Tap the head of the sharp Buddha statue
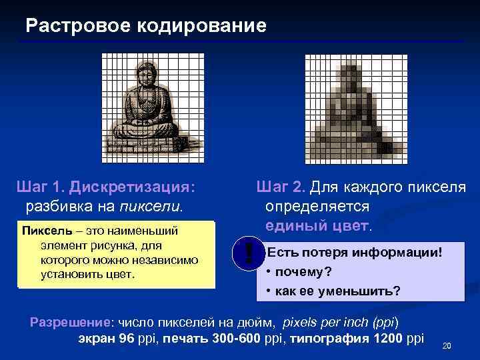(145, 73)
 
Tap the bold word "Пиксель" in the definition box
(43, 231)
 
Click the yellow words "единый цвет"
(316, 226)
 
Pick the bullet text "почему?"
(304, 272)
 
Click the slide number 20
(447, 345)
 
